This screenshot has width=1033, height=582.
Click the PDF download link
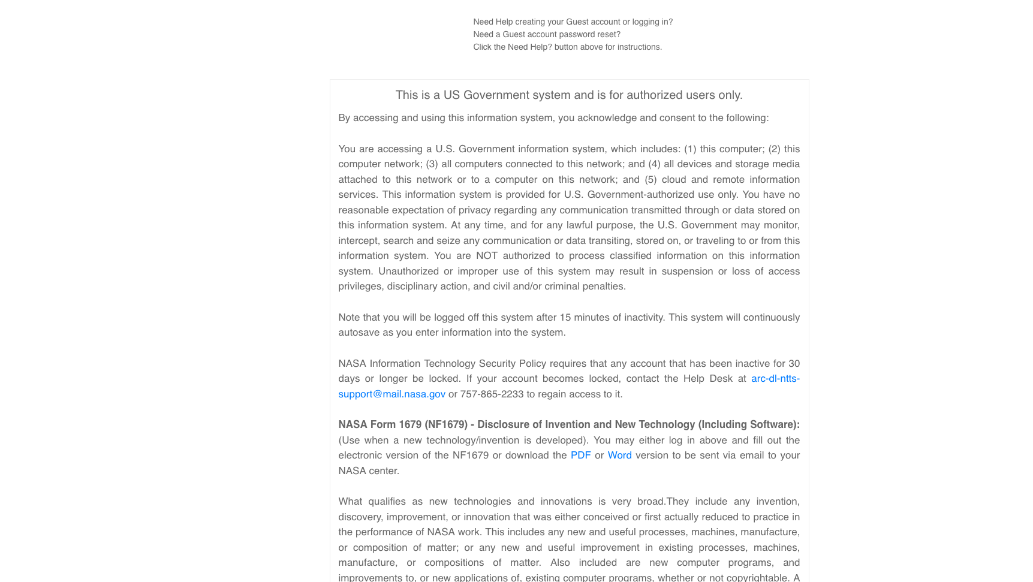tap(580, 456)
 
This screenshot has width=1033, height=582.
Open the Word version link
tap(619, 456)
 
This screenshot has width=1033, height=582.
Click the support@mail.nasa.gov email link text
tap(391, 394)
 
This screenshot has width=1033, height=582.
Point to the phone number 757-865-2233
tap(492, 394)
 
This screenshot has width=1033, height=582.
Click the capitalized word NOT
tap(487, 256)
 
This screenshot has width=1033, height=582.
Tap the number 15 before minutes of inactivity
tap(565, 318)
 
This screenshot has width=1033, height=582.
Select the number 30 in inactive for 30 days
tap(794, 364)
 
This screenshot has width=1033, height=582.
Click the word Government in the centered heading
tap(496, 95)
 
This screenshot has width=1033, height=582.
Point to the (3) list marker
tap(432, 164)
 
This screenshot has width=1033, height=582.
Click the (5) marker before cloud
tap(650, 180)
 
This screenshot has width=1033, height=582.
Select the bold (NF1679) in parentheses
tap(445, 425)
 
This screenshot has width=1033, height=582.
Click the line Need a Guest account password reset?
tap(546, 35)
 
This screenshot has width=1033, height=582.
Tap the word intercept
tap(358, 241)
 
